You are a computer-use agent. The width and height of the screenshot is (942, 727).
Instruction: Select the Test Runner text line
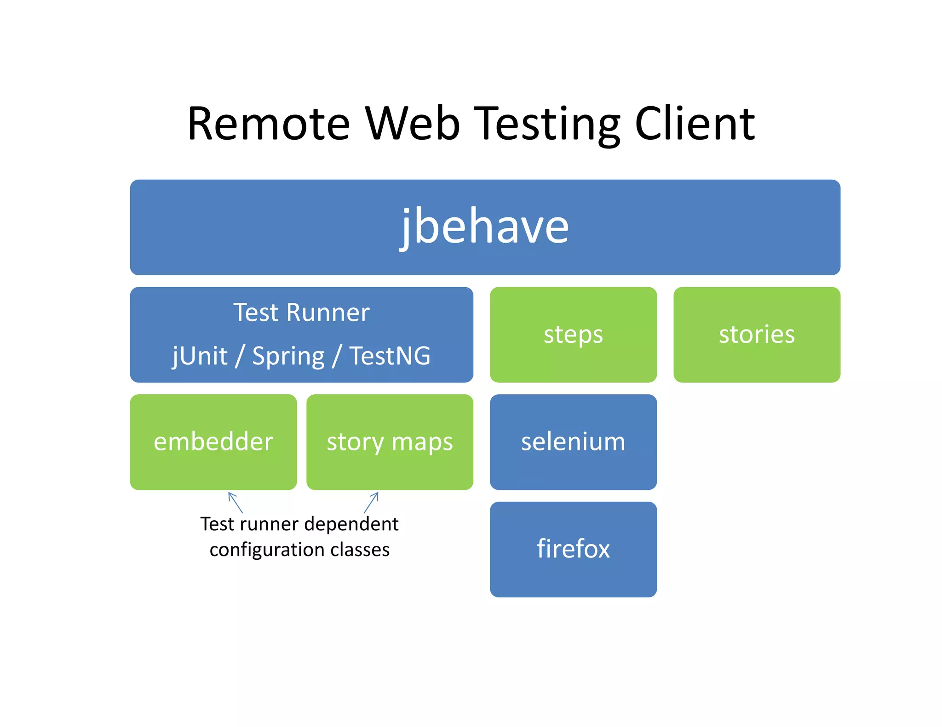tap(301, 312)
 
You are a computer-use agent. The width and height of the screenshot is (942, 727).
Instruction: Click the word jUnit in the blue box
tap(200, 356)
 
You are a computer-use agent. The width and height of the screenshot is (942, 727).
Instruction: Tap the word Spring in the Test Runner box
tap(288, 356)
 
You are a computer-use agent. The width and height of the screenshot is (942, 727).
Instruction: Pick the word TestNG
tap(390, 356)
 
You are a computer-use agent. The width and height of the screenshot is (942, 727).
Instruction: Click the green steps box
tap(573, 335)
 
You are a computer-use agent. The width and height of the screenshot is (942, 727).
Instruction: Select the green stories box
tap(757, 335)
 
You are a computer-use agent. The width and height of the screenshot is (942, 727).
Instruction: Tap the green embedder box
tap(213, 442)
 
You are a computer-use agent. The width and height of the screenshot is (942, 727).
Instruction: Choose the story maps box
tap(390, 442)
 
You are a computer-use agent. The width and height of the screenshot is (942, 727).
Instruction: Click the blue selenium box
tap(573, 442)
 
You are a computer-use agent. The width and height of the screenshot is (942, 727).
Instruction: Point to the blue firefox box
tap(573, 549)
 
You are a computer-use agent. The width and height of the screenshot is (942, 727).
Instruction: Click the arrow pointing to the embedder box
tap(235, 502)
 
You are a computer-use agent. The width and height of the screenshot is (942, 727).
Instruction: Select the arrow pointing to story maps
tap(371, 502)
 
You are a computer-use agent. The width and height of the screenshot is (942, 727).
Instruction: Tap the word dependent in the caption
tap(351, 524)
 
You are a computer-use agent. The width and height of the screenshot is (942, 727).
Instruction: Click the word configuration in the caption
tap(267, 550)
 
